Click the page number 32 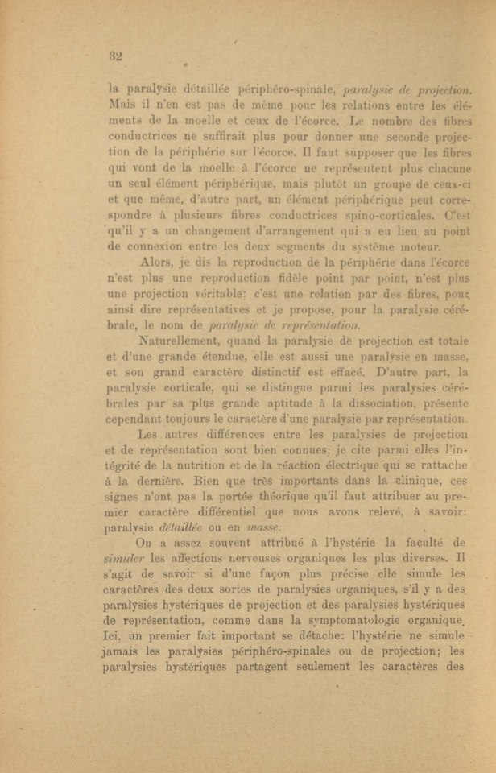click(114, 56)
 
